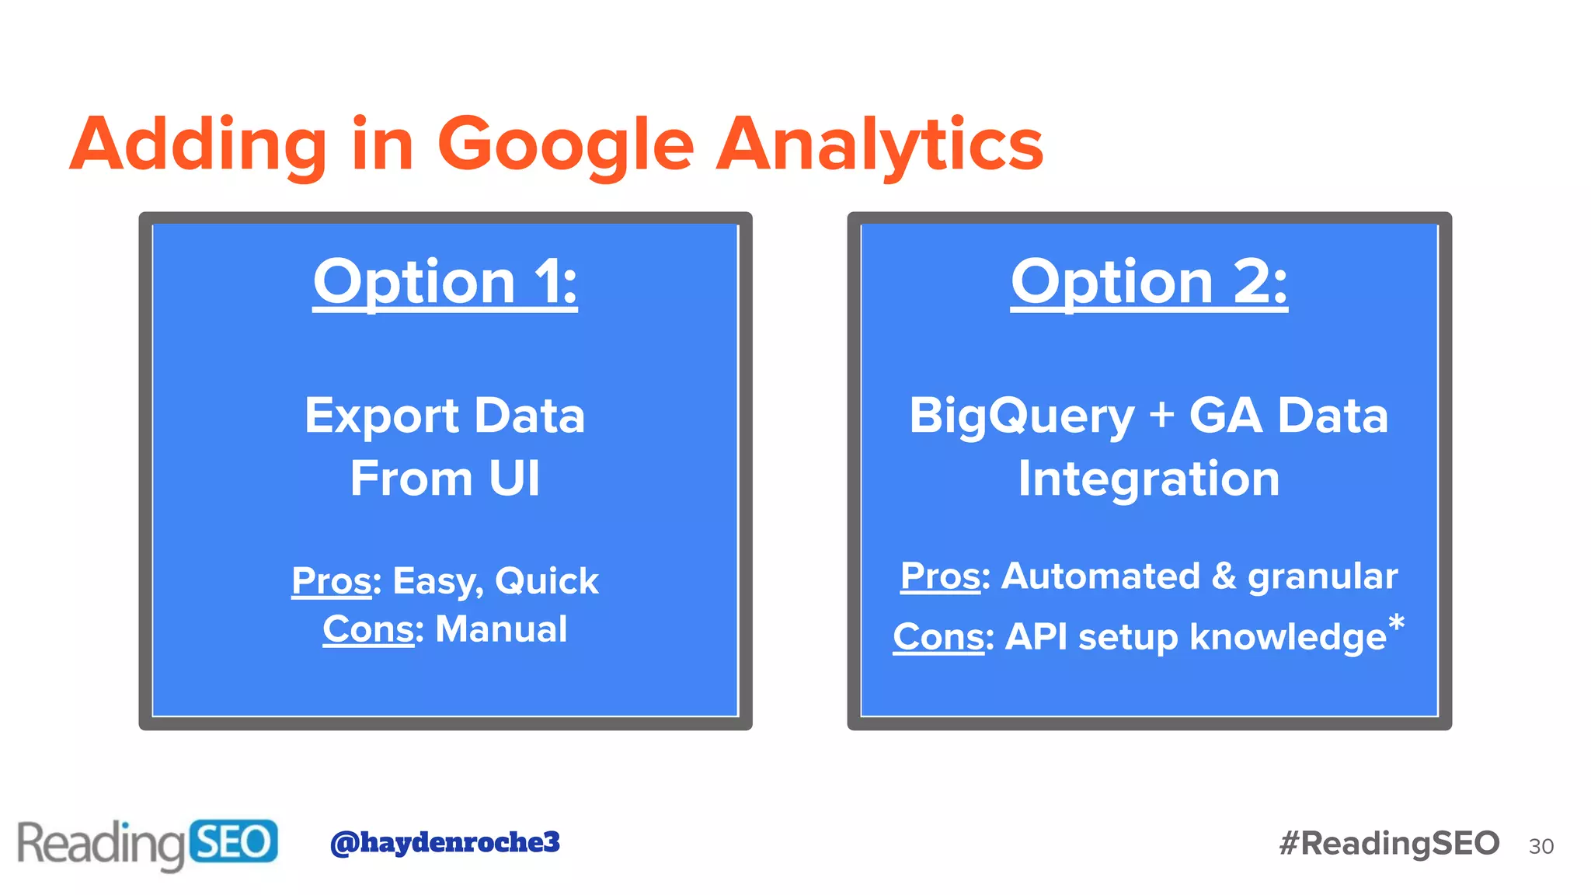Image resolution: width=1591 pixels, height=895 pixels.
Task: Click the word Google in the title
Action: (x=565, y=145)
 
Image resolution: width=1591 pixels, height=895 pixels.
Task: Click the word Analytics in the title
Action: (x=879, y=145)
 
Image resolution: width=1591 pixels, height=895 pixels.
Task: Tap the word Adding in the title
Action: (x=199, y=145)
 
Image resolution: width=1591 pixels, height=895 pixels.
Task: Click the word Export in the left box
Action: (x=381, y=416)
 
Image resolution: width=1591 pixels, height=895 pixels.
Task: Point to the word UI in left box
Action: (x=514, y=479)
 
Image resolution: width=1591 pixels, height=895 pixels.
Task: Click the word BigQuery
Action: (x=1022, y=416)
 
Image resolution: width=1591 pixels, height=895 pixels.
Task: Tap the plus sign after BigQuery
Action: (x=1161, y=414)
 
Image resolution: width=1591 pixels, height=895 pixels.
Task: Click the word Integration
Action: (x=1148, y=479)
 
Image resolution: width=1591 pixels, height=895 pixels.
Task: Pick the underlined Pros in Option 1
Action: (x=332, y=581)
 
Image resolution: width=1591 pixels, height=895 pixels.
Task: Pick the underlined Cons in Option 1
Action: (x=368, y=629)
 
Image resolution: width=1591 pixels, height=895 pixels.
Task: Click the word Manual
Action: (x=501, y=629)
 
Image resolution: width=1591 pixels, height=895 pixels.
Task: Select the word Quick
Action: (x=546, y=581)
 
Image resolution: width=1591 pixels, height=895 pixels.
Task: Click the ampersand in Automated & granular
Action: (x=1224, y=576)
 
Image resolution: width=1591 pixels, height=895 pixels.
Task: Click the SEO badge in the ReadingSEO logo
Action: (x=233, y=842)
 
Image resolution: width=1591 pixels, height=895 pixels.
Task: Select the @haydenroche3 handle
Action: (x=444, y=842)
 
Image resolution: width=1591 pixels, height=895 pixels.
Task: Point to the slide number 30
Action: (x=1541, y=846)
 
